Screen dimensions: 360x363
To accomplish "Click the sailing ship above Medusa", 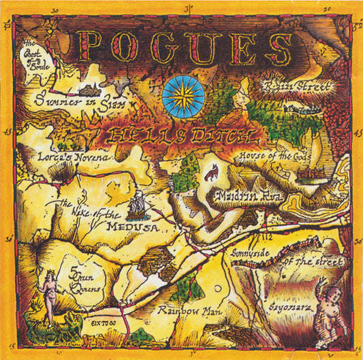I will click(137, 203).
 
